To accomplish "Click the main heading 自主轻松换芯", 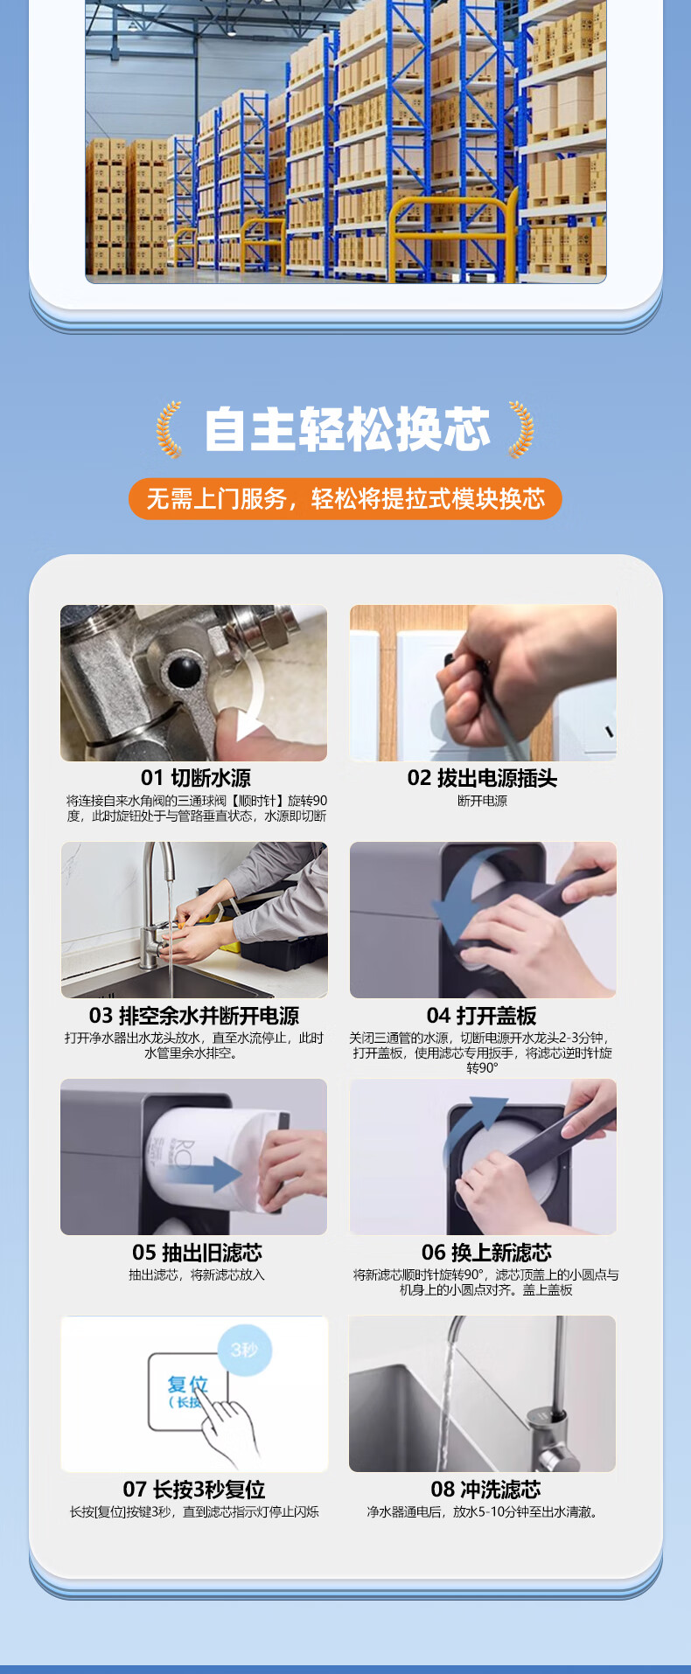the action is pos(346,428).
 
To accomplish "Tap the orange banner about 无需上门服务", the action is pos(345,498).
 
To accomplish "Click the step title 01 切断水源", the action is pos(196,778).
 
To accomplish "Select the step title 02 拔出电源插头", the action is pos(482,778).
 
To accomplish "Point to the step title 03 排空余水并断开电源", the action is pos(194,1016).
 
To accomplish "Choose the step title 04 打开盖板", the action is pos(482,1016).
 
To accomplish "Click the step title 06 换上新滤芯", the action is pos(486,1253).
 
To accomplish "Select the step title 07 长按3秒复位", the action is pos(194,1490).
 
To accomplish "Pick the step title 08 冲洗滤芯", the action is pos(486,1490).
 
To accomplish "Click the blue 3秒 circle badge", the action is pos(244,1351).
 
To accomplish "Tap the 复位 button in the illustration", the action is pos(187,1392).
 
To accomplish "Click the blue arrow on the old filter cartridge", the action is pos(205,1173).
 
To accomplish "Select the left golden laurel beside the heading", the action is pos(169,429).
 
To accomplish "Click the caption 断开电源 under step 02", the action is pos(482,801).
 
